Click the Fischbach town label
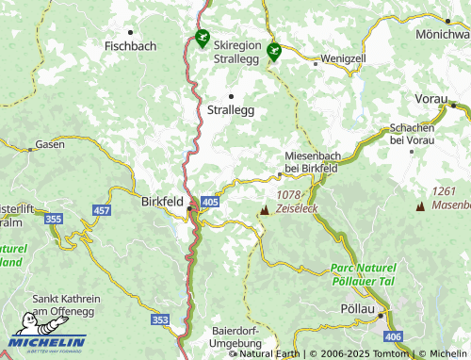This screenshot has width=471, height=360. [130, 45]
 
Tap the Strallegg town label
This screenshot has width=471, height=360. [230, 110]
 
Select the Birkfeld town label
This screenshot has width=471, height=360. [161, 201]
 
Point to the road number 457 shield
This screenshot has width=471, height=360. [101, 208]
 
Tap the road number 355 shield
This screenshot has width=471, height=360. [54, 219]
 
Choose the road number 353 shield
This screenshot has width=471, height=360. [161, 320]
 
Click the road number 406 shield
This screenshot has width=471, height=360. [393, 336]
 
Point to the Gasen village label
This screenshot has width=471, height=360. [49, 145]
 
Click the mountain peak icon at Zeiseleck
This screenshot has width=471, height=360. [263, 208]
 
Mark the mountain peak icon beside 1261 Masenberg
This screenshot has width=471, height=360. [419, 205]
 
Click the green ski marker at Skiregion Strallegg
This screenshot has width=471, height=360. [202, 40]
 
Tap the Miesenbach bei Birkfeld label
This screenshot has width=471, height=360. [312, 162]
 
